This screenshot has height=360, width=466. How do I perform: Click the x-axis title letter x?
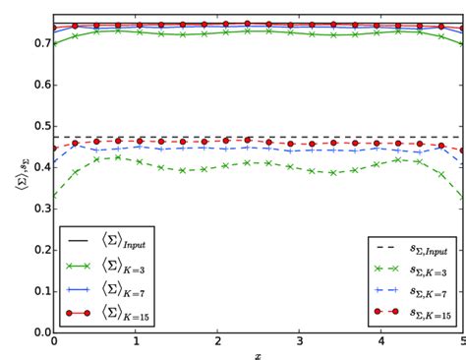(x=258, y=355)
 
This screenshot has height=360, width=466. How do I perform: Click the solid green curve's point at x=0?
(x=54, y=43)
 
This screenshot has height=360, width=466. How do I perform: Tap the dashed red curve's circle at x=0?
(x=54, y=149)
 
